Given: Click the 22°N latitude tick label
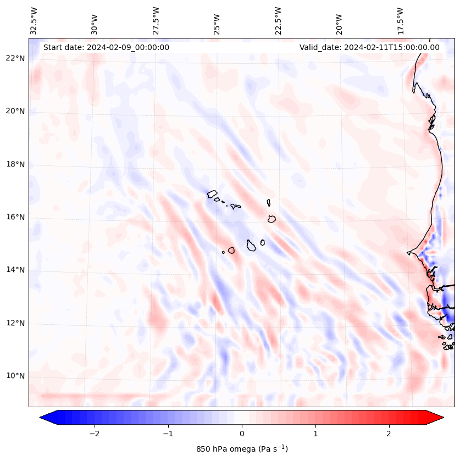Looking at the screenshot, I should (x=15, y=58).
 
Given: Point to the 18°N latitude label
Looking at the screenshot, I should (x=15, y=164).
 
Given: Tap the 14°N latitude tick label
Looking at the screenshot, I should (x=15, y=270).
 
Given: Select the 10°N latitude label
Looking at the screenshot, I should (x=15, y=376).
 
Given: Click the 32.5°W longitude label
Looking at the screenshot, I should (x=34, y=21).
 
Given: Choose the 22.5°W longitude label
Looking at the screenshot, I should (x=278, y=21).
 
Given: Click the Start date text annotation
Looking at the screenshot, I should (x=106, y=47).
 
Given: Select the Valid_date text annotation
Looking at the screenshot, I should (x=369, y=47).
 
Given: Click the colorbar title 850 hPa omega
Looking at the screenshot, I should (x=242, y=449).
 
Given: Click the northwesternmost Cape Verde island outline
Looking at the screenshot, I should (x=212, y=193).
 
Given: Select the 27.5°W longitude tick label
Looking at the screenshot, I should (x=156, y=21).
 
